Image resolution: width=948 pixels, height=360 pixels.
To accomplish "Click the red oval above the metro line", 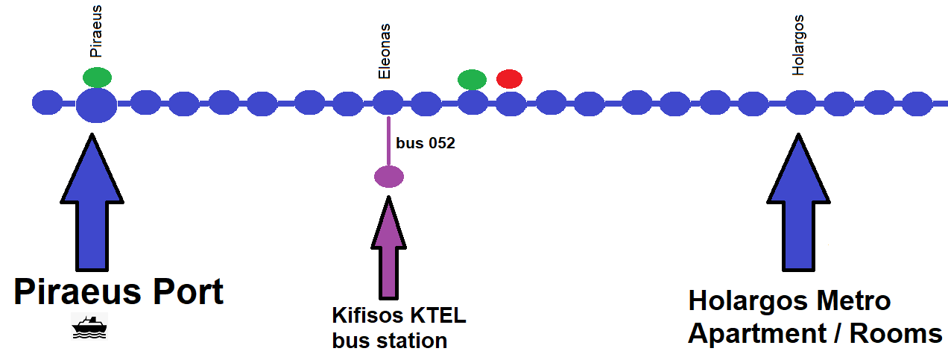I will (510, 78).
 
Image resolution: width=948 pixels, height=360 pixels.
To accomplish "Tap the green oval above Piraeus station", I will (97, 77).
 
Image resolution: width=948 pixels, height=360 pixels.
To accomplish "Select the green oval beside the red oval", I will (472, 79).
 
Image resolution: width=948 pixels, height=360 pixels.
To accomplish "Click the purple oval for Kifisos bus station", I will (388, 177).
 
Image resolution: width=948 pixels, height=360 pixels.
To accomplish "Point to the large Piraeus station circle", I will (96, 104).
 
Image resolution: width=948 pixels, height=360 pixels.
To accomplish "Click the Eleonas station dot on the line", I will (388, 102).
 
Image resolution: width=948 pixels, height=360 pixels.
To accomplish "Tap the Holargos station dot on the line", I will (800, 102).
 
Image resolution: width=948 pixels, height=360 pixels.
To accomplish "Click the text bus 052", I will (426, 143).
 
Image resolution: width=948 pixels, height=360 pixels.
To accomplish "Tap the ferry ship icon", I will (89, 326).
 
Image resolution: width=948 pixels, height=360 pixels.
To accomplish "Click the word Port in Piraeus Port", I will (182, 291).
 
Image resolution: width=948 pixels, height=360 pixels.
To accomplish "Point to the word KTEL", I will (437, 315).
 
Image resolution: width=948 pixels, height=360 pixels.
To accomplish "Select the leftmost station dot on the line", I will (48, 102).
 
